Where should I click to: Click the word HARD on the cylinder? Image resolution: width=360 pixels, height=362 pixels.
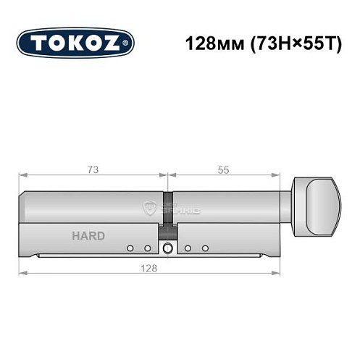(88, 236)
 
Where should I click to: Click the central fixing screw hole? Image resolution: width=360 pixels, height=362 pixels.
(168, 249)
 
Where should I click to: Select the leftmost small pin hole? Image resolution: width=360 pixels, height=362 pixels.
(130, 248)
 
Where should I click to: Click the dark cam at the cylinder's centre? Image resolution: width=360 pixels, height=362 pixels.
(168, 217)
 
